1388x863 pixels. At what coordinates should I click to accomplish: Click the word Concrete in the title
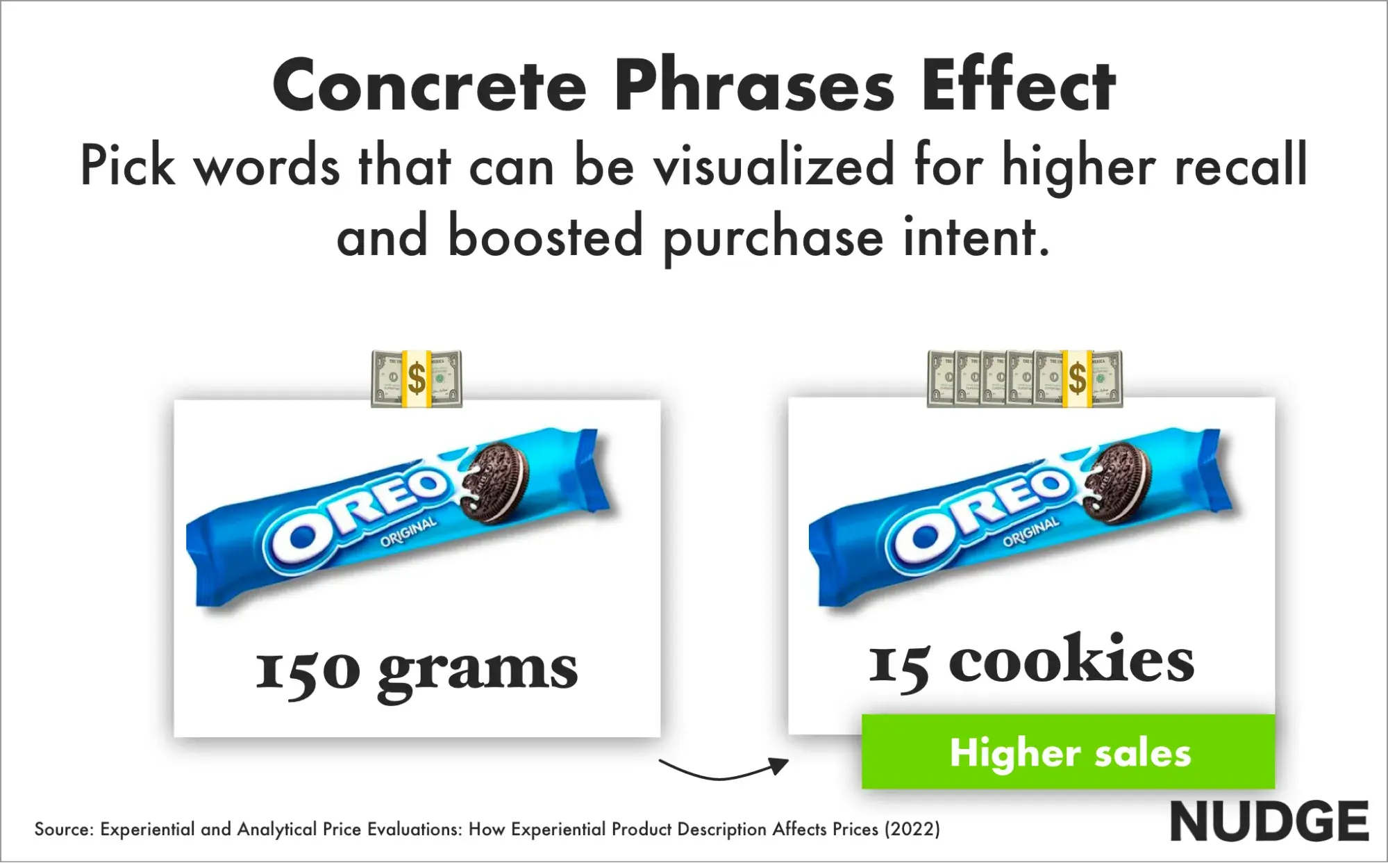[x=430, y=85]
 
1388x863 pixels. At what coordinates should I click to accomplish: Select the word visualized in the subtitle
[x=774, y=165]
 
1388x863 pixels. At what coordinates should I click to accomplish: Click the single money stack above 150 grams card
[x=417, y=379]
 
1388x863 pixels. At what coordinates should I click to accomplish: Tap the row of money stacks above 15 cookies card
[x=1025, y=379]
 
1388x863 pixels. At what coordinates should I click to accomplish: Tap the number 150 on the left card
[x=308, y=671]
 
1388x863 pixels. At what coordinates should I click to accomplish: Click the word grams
[x=478, y=673]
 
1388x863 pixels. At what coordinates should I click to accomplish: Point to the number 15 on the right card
[x=899, y=666]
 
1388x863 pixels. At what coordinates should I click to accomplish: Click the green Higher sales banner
[x=1068, y=752]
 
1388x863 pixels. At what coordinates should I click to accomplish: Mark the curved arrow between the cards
[x=722, y=776]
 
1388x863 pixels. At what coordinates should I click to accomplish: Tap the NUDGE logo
[x=1269, y=822]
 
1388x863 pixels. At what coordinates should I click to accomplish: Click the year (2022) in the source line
[x=912, y=829]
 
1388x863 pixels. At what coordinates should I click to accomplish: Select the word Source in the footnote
[x=63, y=829]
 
